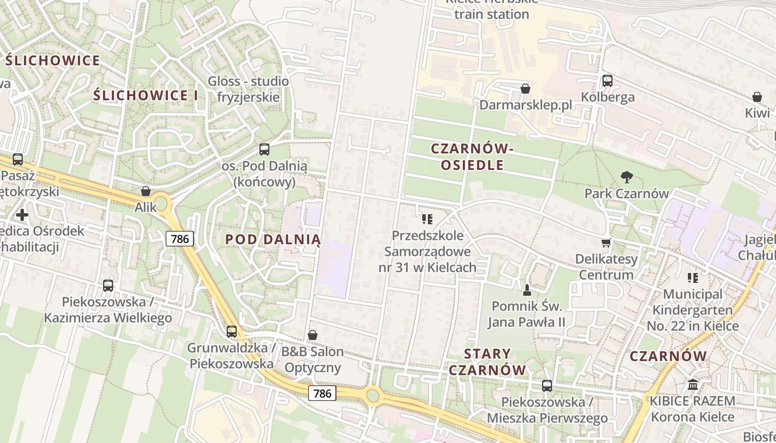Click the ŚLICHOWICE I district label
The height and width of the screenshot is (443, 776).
pos(145,95)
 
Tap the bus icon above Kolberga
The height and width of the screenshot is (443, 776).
pos(607,81)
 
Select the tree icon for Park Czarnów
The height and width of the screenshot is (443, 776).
pos(627,177)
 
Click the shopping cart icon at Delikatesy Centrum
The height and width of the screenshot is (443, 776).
pos(606,243)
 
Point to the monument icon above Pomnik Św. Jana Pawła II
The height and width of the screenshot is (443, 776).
pos(527,290)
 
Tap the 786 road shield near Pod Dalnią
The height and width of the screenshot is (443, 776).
pos(180,239)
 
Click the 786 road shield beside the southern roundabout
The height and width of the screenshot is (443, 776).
pos(322,394)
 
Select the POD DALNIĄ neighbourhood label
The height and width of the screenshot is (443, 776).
pos(273,239)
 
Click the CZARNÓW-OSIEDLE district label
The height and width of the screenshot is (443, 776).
pos(472,157)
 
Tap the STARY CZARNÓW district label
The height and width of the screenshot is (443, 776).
pos(487,362)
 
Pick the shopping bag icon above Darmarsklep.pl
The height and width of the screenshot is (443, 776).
pos(525,89)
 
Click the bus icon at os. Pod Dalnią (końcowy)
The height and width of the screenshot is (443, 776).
pos(264,149)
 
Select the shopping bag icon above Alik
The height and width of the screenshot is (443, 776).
pos(146,191)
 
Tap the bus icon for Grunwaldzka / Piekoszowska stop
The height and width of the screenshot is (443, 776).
pos(232,332)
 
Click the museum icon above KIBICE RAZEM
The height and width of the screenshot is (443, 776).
pos(693,384)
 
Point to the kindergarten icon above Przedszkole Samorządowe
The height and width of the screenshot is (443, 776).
pos(427,219)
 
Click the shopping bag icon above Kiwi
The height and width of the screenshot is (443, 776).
pos(757,97)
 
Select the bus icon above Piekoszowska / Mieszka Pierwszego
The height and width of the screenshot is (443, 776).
pos(547,385)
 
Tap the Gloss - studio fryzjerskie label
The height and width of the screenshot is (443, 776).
pos(248,89)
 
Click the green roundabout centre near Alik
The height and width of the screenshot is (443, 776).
pos(161,203)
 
